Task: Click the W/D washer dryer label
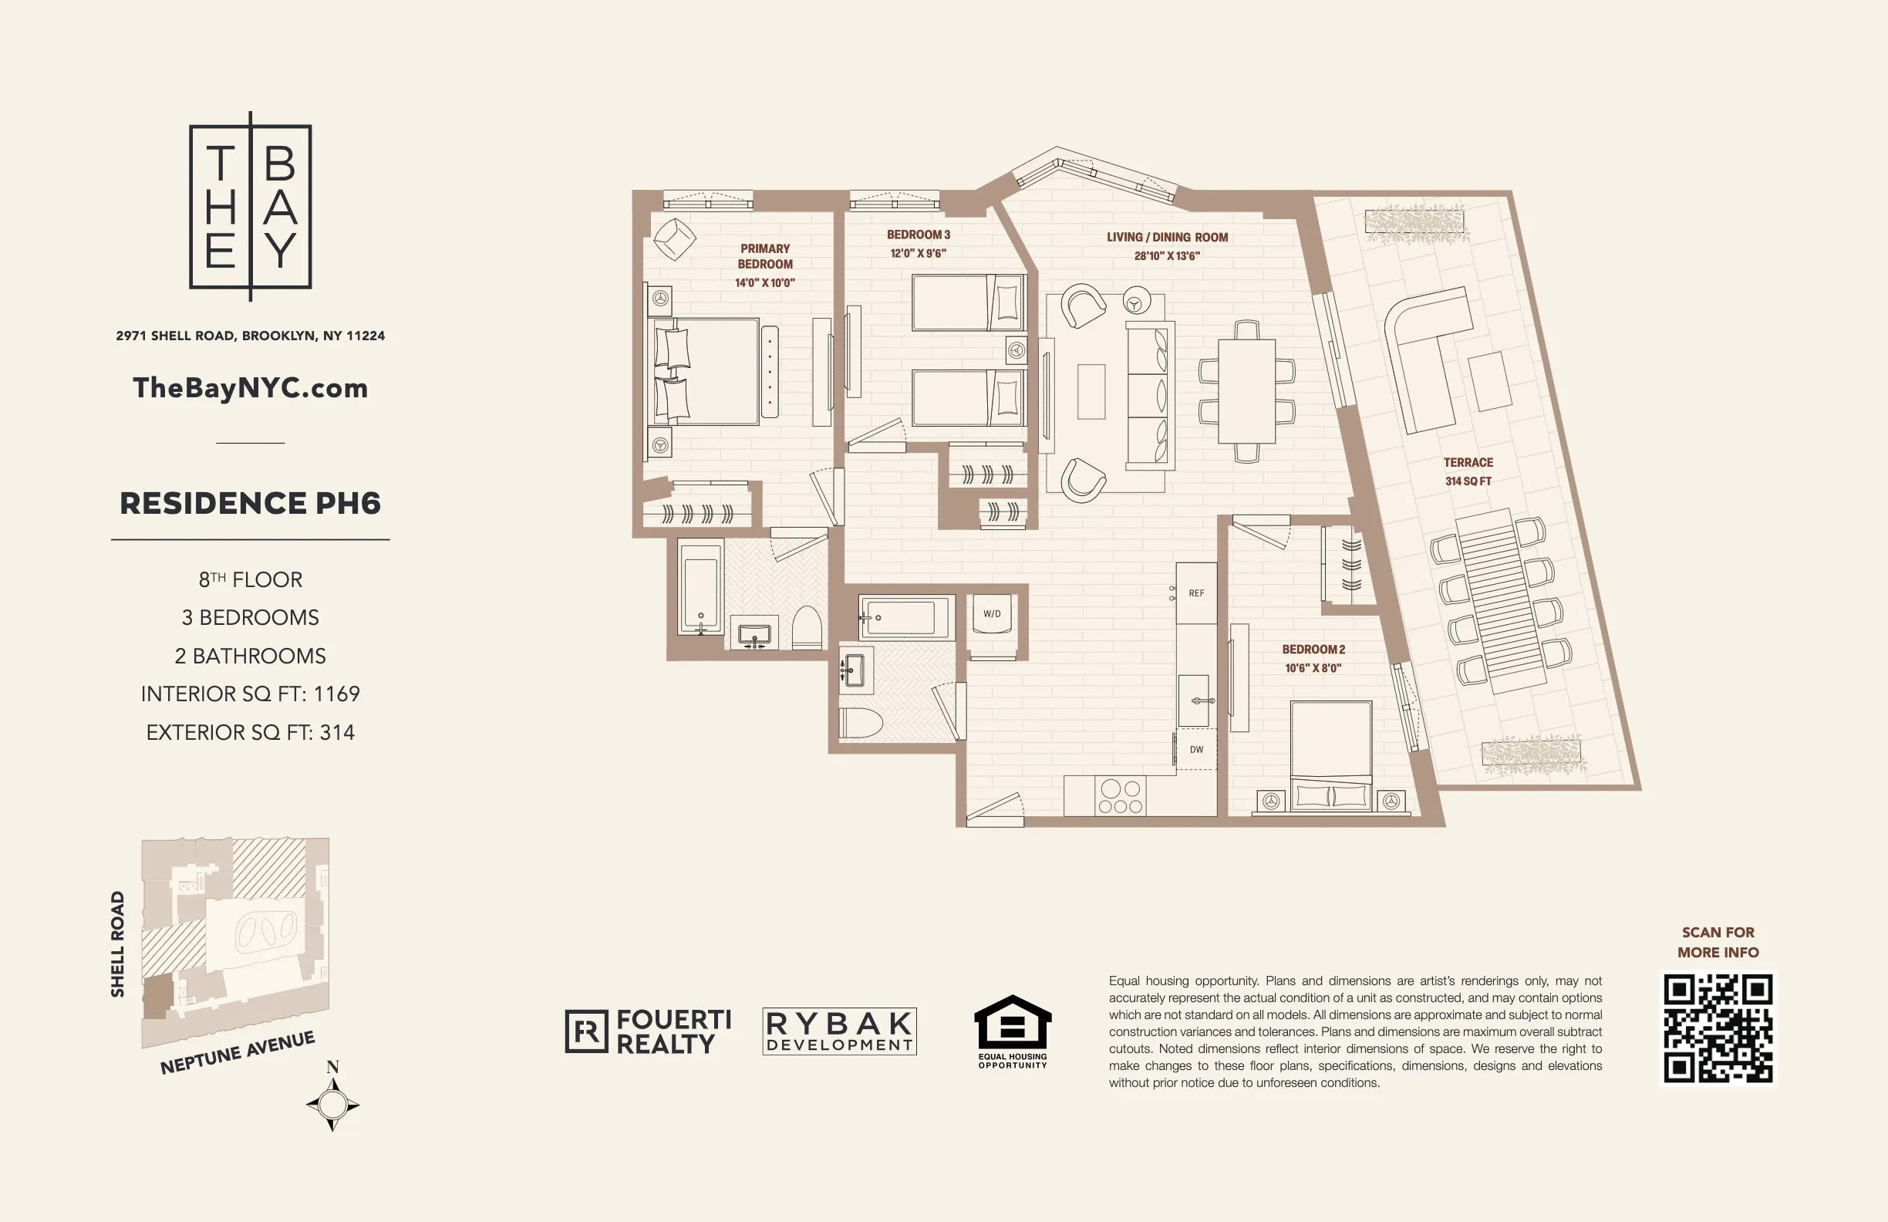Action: pos(992,613)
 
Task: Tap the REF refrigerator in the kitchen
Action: pos(1196,592)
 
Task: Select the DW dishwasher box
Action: pos(1196,749)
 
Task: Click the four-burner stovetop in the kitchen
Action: pos(1120,797)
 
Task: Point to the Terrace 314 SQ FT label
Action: pos(1468,471)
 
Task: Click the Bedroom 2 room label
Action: pos(1313,649)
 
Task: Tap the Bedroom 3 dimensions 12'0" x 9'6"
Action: pos(918,253)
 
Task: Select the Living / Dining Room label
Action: pos(1167,238)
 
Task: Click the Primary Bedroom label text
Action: pos(765,256)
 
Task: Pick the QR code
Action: pos(1718,1028)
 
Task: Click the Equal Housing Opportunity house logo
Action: pos(1012,1024)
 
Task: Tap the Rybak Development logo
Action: pos(839,1031)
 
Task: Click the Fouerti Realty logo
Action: pos(648,1031)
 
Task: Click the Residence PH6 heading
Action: pos(251,503)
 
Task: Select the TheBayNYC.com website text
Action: pos(251,388)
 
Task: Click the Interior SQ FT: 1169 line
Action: pos(251,694)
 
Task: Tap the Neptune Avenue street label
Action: pos(238,1053)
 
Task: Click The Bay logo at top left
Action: pos(251,206)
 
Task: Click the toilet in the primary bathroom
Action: pos(807,629)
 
